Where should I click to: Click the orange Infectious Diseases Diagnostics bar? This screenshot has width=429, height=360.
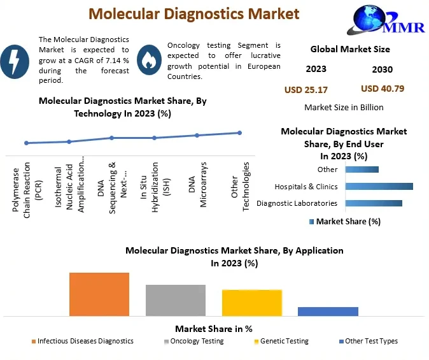(x=99, y=294)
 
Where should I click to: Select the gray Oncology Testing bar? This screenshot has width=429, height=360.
(x=176, y=300)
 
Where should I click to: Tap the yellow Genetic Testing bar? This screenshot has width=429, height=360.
(x=252, y=303)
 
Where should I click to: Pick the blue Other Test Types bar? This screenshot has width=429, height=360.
(x=328, y=311)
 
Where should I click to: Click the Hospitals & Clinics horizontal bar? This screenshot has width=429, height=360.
(x=379, y=187)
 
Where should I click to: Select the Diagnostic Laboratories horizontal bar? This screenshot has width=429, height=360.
(x=374, y=203)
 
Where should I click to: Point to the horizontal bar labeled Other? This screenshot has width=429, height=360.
(x=362, y=169)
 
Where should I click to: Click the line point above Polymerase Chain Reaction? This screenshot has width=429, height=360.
(x=26, y=143)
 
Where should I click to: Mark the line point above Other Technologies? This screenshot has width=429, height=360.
(x=239, y=133)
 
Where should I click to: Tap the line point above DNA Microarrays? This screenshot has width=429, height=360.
(x=197, y=135)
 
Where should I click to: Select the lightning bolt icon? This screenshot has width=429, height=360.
(x=15, y=59)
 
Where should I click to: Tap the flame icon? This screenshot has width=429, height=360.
(x=148, y=59)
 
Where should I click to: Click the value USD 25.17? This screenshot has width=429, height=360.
(x=306, y=89)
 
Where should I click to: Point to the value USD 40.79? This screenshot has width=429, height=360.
(x=382, y=89)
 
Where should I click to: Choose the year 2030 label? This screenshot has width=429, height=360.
(x=381, y=69)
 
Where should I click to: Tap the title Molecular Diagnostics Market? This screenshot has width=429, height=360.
(x=193, y=13)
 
